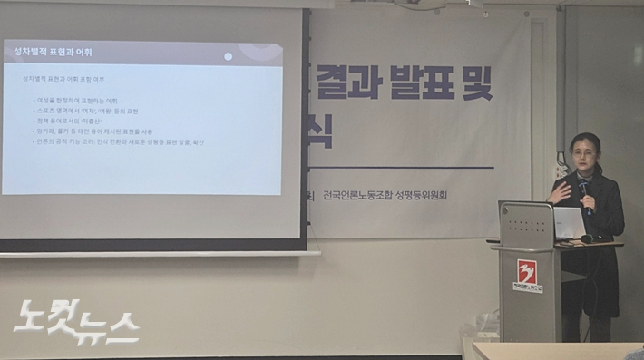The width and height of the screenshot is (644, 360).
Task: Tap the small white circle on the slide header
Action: pos(228,56)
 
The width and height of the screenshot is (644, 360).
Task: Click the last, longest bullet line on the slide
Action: pos(121,142)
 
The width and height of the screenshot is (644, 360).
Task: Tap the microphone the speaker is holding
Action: pos(585,192)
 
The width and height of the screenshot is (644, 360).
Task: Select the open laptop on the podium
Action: pos(568,223)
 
